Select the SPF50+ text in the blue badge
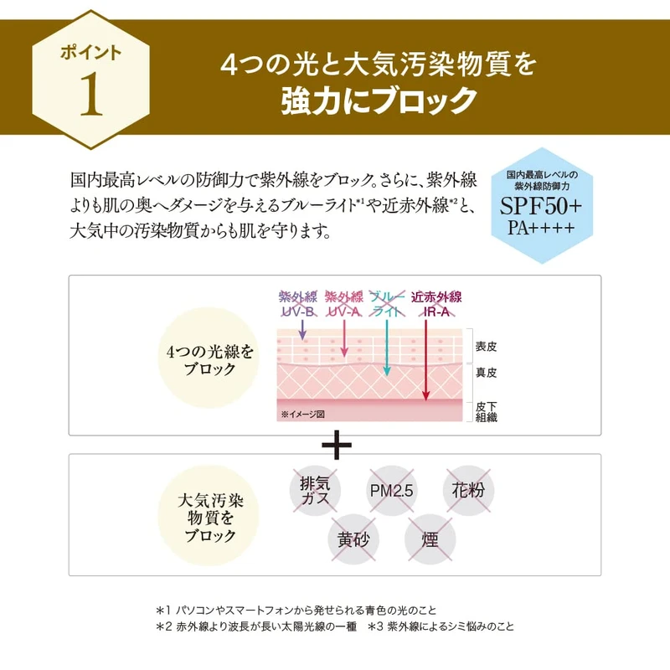(543, 206)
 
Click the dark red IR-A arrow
(426, 360)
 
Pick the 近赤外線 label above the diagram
(436, 296)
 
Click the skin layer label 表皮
(487, 346)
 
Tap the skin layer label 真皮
(487, 372)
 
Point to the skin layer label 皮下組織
(487, 410)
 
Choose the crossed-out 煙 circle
(430, 539)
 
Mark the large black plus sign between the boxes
(336, 446)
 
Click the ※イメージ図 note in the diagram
(302, 414)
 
